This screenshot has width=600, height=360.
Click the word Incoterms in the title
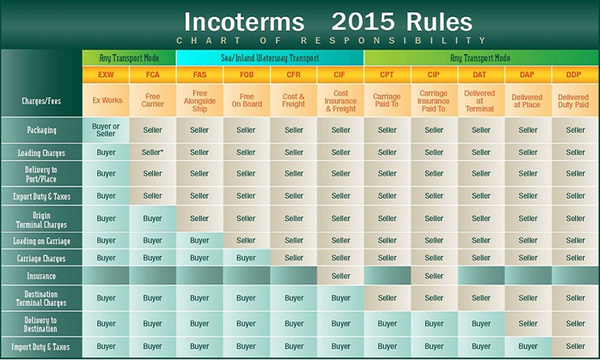[244, 22]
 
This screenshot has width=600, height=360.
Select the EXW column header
[106, 74]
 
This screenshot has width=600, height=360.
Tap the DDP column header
[574, 74]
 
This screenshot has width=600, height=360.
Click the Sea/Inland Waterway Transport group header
[270, 58]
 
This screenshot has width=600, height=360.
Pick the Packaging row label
[41, 130]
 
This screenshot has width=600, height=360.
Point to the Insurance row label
[41, 276]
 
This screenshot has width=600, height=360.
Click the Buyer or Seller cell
[106, 130]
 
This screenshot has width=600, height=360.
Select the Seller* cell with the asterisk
[152, 152]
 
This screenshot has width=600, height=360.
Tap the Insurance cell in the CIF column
[341, 276]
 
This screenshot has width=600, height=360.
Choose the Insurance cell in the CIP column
[434, 276]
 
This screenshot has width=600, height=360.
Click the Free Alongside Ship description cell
[200, 101]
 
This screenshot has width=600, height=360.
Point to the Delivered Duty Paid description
[573, 101]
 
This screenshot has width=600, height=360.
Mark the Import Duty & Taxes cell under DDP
[575, 347]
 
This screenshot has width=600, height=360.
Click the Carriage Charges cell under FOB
[246, 258]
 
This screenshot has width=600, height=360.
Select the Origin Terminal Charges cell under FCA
[152, 218]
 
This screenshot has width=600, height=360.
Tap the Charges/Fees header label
[41, 101]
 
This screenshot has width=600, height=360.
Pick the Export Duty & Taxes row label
[41, 196]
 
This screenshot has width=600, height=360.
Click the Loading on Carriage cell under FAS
[200, 241]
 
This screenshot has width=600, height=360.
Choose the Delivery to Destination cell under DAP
[528, 323]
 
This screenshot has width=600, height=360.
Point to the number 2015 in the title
[363, 22]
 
